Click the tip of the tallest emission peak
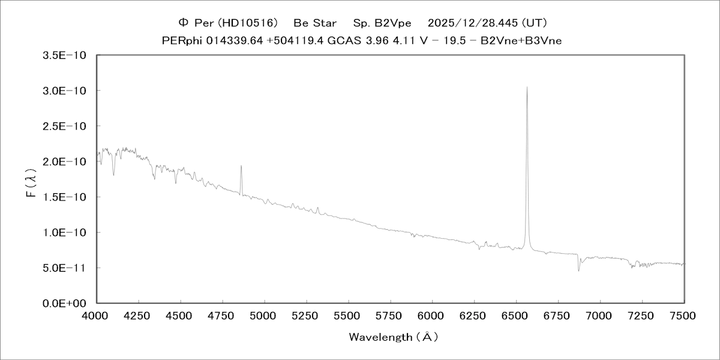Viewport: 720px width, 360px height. pyautogui.click(x=527, y=87)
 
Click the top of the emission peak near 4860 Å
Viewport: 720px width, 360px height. pyautogui.click(x=241, y=166)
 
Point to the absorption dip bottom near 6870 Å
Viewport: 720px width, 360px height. pyautogui.click(x=578, y=271)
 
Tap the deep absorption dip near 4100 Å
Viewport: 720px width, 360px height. pyautogui.click(x=114, y=176)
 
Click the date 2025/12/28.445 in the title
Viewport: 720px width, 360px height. pyautogui.click(x=472, y=23)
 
